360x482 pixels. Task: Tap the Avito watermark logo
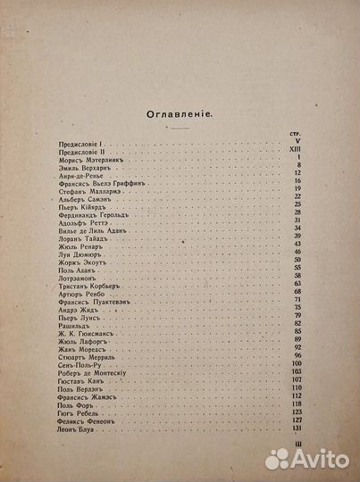(x=308, y=458)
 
